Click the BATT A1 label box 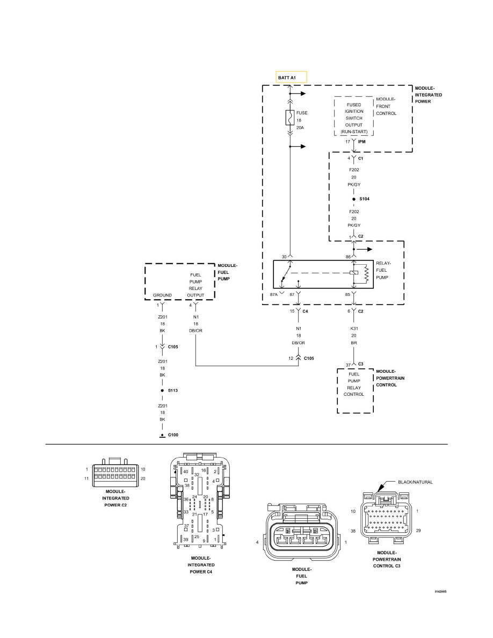pyautogui.click(x=291, y=77)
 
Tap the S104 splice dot pyautogui.click(x=353, y=199)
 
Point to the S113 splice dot pyautogui.click(x=162, y=390)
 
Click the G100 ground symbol pyautogui.click(x=162, y=436)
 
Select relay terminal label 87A pyautogui.click(x=274, y=294)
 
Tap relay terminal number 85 pyautogui.click(x=347, y=294)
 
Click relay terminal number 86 pyautogui.click(x=347, y=257)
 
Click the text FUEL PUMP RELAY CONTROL pyautogui.click(x=353, y=384)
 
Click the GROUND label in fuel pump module pyautogui.click(x=162, y=295)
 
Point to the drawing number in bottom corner pyautogui.click(x=440, y=591)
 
